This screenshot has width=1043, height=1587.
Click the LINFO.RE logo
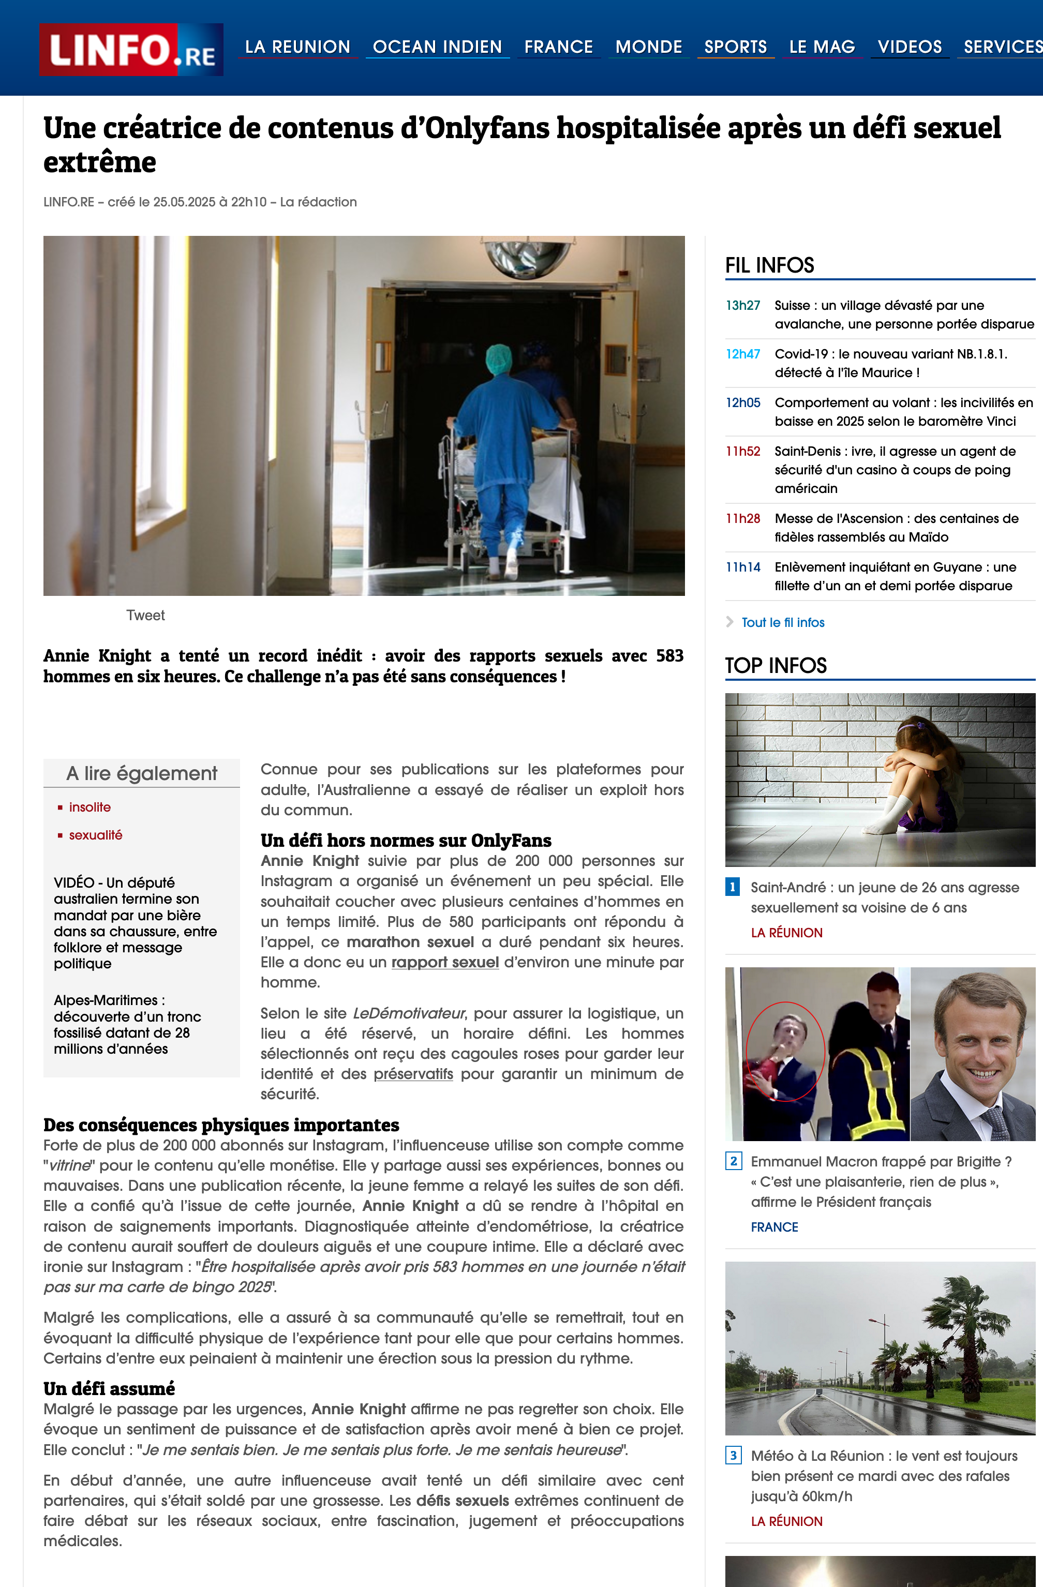click(131, 49)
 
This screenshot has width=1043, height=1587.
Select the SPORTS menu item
click(736, 47)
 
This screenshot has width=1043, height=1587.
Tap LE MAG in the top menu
click(822, 47)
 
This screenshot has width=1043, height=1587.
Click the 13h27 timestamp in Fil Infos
click(743, 305)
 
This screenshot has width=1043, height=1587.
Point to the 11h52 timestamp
click(743, 452)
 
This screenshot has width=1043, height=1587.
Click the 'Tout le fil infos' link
click(783, 622)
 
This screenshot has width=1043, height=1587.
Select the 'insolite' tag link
click(90, 807)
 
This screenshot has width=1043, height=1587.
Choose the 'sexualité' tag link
click(95, 835)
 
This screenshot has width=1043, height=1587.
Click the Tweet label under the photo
click(145, 616)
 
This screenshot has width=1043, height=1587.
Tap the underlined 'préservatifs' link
click(413, 1073)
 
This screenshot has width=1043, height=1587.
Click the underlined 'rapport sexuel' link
click(445, 962)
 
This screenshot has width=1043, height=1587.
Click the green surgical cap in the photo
click(498, 359)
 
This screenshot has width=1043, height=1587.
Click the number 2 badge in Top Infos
click(733, 1161)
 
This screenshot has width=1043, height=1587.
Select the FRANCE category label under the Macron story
click(774, 1227)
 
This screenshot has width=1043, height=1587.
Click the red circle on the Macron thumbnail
click(785, 1052)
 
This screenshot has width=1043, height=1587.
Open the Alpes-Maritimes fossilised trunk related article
click(127, 1024)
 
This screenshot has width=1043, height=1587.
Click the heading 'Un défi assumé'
click(109, 1389)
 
